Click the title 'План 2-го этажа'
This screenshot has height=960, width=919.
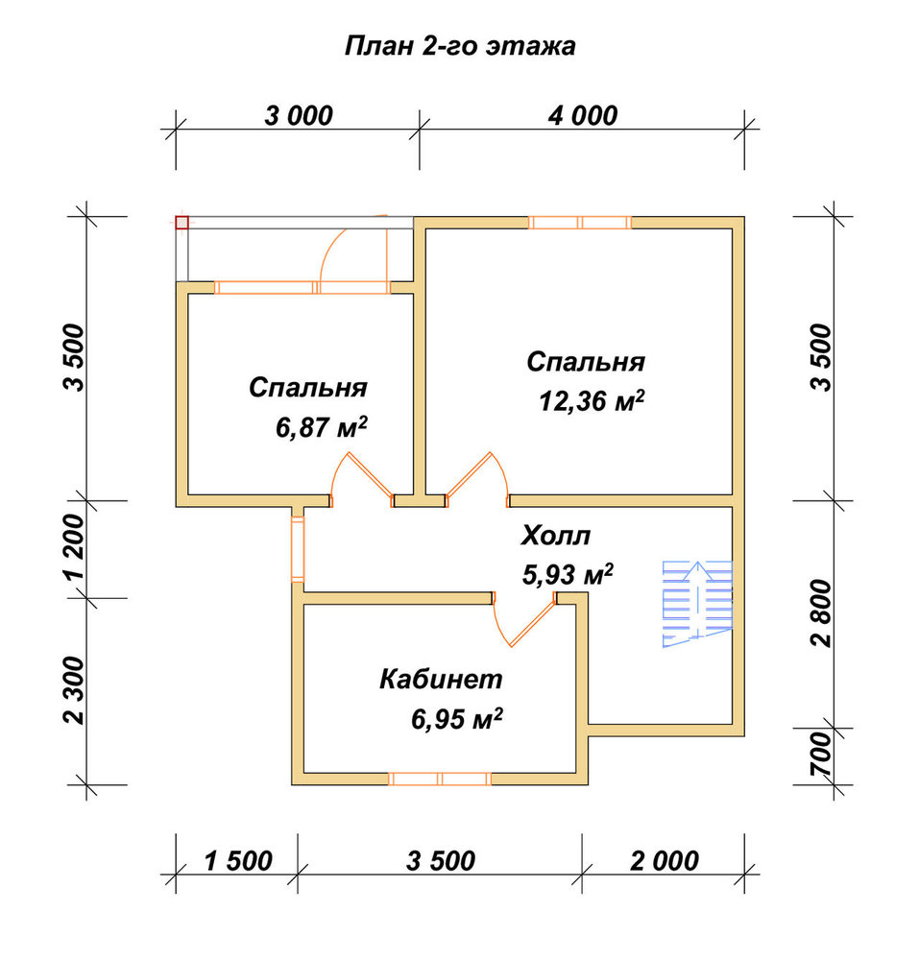point(460,46)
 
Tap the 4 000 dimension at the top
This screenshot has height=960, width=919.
point(582,115)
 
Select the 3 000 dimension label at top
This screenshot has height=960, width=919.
point(298,115)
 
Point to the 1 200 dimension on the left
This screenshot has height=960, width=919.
point(74,546)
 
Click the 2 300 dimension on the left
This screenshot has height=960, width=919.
point(74,690)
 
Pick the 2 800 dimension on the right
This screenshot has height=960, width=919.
point(822,613)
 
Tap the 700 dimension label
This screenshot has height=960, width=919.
point(822,755)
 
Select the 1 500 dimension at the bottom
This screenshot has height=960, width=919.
point(237,861)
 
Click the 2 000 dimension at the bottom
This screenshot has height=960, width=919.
point(665,861)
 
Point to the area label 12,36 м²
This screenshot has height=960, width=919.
point(592,401)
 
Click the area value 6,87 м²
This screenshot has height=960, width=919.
point(322,427)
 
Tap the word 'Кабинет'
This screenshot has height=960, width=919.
point(441,679)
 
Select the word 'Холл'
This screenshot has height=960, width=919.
point(556,536)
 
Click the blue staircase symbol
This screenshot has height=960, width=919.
point(697,604)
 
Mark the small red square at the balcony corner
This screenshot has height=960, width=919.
point(181,223)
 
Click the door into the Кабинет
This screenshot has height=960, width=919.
point(525,618)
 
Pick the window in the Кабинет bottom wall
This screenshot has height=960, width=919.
point(440,779)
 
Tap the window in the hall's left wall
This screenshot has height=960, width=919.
point(298,549)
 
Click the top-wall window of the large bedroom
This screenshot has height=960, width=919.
point(580,223)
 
